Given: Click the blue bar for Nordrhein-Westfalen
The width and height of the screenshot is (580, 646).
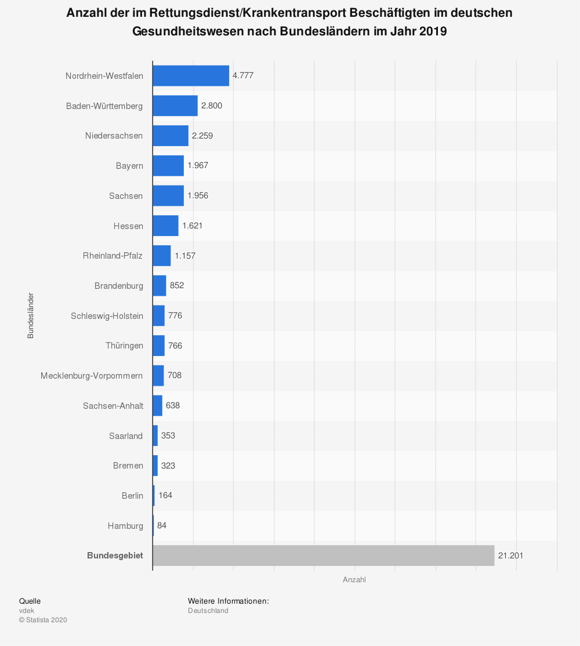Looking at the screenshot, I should pos(191,75).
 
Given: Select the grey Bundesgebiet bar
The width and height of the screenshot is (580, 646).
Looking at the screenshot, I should pos(323,556).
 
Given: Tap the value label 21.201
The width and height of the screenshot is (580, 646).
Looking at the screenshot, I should pos(510,556).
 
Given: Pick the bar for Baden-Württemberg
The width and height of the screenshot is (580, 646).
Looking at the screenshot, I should pos(175,106).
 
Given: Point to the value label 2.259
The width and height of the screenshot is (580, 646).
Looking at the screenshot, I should pos(202,136).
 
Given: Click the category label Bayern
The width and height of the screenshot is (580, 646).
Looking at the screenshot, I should pos(129,166).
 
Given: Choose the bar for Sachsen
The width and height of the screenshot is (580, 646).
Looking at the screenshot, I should pos(168,195).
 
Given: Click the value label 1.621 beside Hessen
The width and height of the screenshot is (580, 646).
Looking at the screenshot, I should pos(193,226).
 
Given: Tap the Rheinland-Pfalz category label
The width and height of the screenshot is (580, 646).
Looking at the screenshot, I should pos(113,256).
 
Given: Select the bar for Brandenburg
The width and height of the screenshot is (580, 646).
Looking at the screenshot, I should pos(159,285).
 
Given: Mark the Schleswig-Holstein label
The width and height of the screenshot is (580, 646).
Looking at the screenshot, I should pos(107,315).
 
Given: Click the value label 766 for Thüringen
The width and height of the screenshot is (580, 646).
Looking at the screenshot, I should pos(175,346).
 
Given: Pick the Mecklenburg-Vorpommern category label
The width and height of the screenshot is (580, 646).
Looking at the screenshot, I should pos(92,376).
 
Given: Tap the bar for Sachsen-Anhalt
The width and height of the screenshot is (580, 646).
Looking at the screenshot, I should pos(157,405).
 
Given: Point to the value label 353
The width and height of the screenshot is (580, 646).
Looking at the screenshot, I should pos(168,435).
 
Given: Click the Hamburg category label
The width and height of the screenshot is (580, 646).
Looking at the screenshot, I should pos(125,526).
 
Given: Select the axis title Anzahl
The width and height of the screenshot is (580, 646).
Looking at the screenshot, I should pos(354,580).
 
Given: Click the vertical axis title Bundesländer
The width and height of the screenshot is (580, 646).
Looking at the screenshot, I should pos(31,315).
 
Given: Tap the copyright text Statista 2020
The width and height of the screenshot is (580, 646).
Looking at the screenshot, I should pos(43,620).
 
